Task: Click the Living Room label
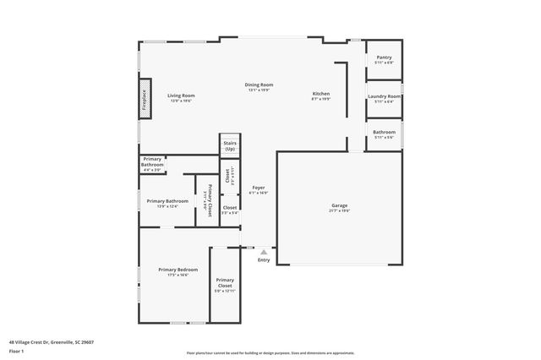click(x=180, y=95)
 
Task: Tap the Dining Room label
click(x=259, y=85)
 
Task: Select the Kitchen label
click(x=320, y=93)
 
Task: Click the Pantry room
click(x=383, y=59)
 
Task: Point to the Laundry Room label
click(x=383, y=96)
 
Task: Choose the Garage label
click(x=339, y=205)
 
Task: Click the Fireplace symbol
click(x=145, y=100)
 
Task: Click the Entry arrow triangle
click(x=264, y=251)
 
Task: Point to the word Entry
click(x=264, y=259)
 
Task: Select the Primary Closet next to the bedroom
click(x=225, y=282)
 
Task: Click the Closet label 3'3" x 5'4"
click(x=230, y=207)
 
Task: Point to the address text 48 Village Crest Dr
click(x=51, y=342)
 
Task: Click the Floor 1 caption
click(x=16, y=351)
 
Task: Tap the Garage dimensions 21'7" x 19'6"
click(x=339, y=211)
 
